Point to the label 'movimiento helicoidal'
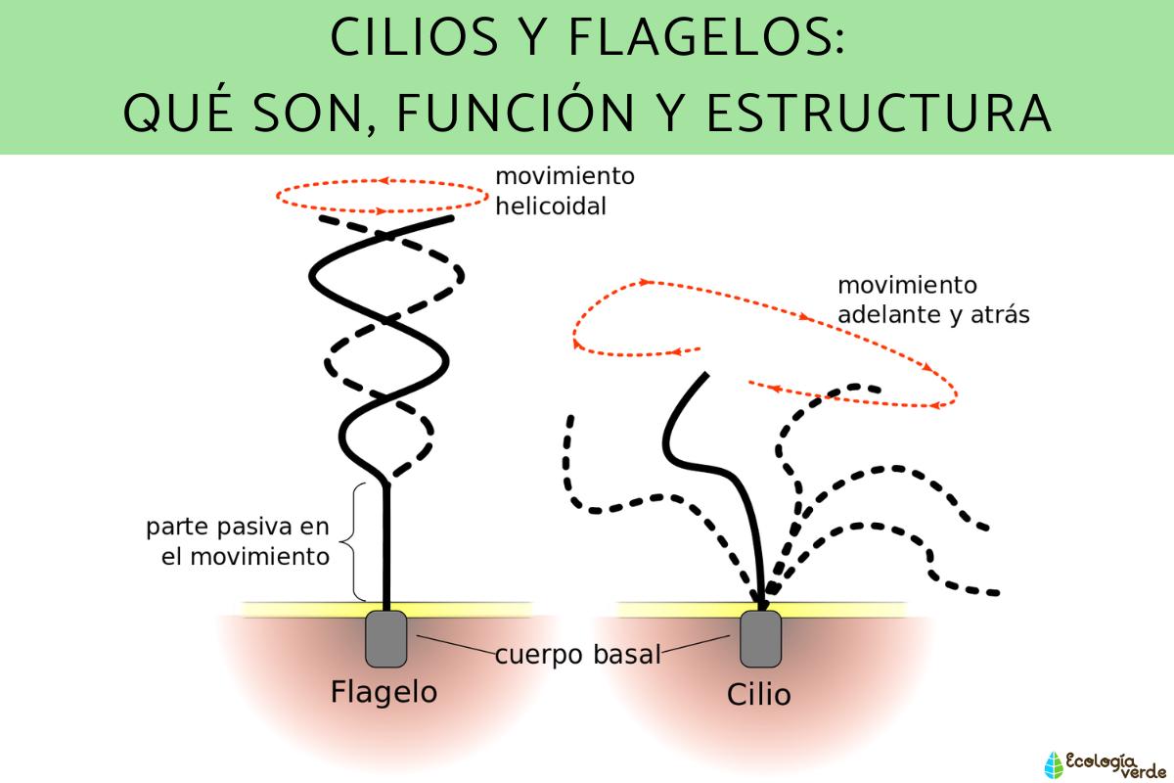[564, 192]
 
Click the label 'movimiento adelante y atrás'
[932, 300]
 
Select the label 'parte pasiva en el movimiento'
[238, 542]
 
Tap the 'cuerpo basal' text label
[577, 655]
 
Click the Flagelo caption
[384, 692]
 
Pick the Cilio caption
[758, 695]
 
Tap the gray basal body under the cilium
[760, 638]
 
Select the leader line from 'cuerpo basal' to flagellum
[455, 646]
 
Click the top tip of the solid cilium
[703, 376]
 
